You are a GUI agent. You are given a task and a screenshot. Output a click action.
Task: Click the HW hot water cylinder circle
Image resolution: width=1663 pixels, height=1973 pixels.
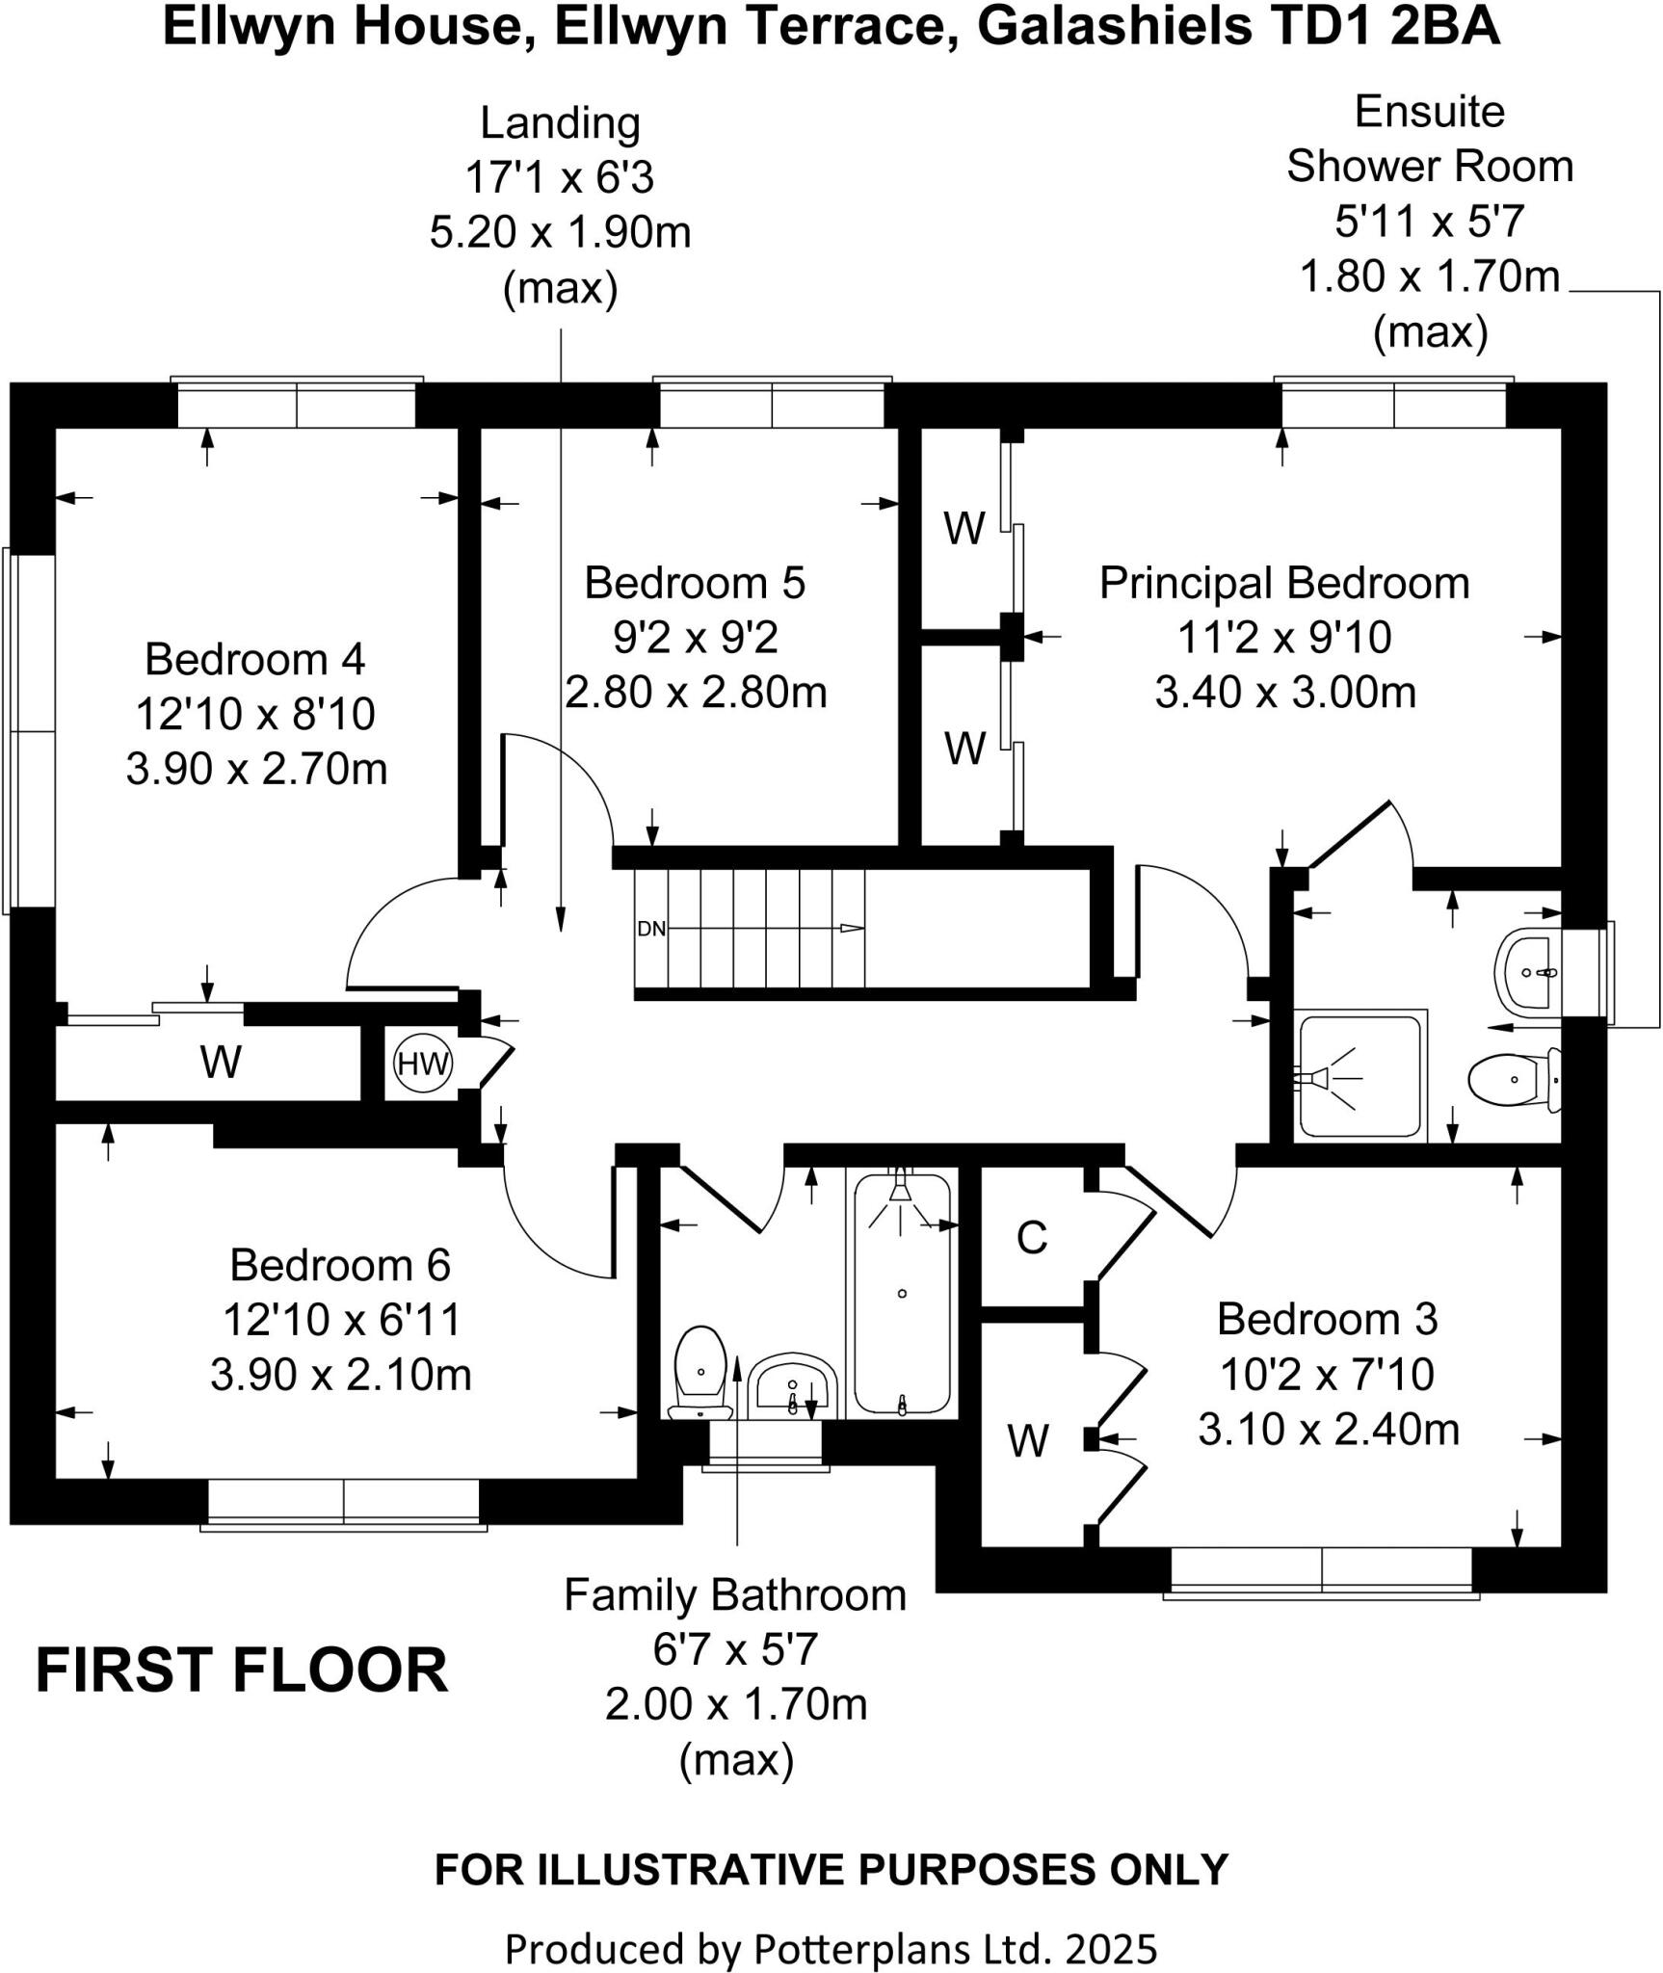[423, 1064]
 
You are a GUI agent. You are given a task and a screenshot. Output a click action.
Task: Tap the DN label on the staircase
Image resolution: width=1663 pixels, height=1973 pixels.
[651, 929]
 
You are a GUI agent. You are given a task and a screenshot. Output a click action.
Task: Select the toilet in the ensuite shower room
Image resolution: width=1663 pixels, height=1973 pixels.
[1512, 1080]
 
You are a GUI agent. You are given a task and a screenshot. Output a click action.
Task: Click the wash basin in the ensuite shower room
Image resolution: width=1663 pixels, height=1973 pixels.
[1528, 972]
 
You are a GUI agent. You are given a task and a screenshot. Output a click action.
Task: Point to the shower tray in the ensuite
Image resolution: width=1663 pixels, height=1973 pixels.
[1360, 1075]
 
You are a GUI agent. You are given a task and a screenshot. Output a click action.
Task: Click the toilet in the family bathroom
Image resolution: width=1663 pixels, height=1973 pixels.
[700, 1371]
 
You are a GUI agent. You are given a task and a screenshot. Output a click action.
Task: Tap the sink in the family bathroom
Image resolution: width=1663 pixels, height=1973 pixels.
[792, 1385]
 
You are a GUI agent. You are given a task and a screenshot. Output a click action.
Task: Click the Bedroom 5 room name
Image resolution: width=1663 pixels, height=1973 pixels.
[695, 583]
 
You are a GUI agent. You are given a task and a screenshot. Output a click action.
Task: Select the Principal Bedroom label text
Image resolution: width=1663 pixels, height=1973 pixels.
[1284, 583]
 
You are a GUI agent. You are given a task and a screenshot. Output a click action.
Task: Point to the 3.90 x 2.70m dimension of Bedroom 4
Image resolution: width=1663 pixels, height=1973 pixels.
[256, 769]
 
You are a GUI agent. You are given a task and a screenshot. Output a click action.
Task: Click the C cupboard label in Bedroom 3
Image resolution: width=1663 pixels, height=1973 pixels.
[1031, 1238]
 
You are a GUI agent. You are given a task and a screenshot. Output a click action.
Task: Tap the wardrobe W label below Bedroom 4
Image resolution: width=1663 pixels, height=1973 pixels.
[221, 1062]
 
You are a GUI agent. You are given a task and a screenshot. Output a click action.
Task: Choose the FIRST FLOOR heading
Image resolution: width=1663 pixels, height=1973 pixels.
[242, 1671]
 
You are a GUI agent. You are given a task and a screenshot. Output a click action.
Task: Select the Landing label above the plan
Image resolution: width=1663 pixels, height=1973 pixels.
[560, 123]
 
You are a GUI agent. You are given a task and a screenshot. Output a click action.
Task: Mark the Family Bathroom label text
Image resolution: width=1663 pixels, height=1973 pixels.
[735, 1595]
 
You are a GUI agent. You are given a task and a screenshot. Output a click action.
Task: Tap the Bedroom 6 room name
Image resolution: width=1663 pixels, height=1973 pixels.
[340, 1265]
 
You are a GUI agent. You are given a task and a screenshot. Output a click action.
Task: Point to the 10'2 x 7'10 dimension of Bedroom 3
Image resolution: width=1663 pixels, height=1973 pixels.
[1327, 1375]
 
